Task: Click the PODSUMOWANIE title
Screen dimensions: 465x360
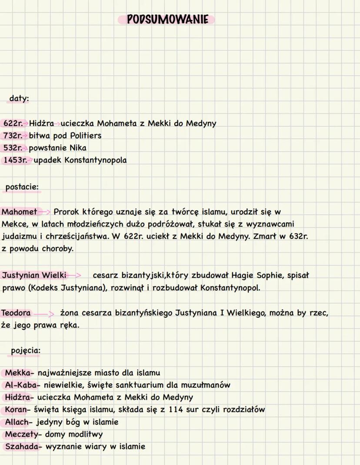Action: (167, 20)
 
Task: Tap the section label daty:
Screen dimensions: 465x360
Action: (19, 99)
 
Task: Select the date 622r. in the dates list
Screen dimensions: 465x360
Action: (13, 123)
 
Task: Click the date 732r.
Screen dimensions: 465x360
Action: (13, 136)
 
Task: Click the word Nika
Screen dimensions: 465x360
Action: (78, 148)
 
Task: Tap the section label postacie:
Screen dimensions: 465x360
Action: (22, 187)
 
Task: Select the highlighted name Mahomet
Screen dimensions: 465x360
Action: (20, 212)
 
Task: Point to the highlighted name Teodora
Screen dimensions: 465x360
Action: (16, 313)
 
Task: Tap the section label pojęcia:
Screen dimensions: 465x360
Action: (26, 350)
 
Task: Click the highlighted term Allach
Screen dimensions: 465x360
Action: (17, 422)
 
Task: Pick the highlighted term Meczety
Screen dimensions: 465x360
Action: (21, 434)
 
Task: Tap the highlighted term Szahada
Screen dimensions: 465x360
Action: (21, 446)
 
